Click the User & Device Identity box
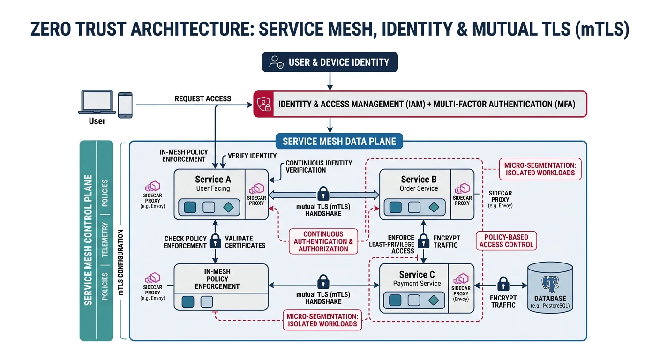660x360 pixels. tap(330, 62)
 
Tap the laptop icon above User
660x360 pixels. tap(97, 103)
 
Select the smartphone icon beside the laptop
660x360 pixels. tap(125, 105)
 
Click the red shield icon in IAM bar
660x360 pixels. tap(263, 104)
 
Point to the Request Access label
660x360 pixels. tap(202, 98)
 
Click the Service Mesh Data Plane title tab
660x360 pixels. tap(339, 141)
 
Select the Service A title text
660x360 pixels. tap(213, 179)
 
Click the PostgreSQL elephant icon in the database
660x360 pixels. tap(550, 285)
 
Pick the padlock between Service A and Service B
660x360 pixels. tap(323, 193)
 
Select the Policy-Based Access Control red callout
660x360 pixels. tap(506, 240)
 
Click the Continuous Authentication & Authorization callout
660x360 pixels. tap(323, 241)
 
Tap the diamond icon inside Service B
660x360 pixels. tap(434, 207)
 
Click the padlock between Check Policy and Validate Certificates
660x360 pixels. tap(215, 241)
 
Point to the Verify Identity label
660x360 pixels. tap(252, 156)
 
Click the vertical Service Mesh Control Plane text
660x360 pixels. tap(88, 240)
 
